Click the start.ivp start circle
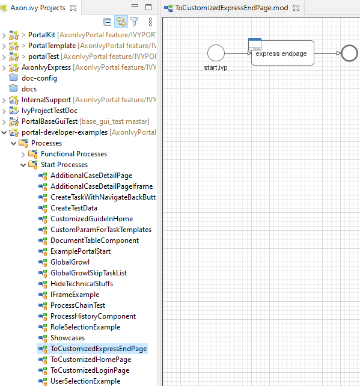click(216, 52)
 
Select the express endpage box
click(282, 53)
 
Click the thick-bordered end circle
click(349, 53)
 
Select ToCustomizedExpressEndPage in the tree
click(99, 349)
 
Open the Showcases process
click(67, 338)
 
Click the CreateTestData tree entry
click(73, 208)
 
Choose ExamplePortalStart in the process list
click(80, 251)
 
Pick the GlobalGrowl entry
click(70, 262)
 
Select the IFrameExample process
click(75, 295)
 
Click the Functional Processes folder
click(73, 154)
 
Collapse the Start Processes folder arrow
click(23, 165)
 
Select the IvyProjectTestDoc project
click(49, 111)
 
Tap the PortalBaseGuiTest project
click(49, 121)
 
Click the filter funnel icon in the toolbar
click(135, 22)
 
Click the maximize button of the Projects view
click(148, 8)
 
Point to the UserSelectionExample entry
click(85, 381)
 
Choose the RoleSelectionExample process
click(85, 327)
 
